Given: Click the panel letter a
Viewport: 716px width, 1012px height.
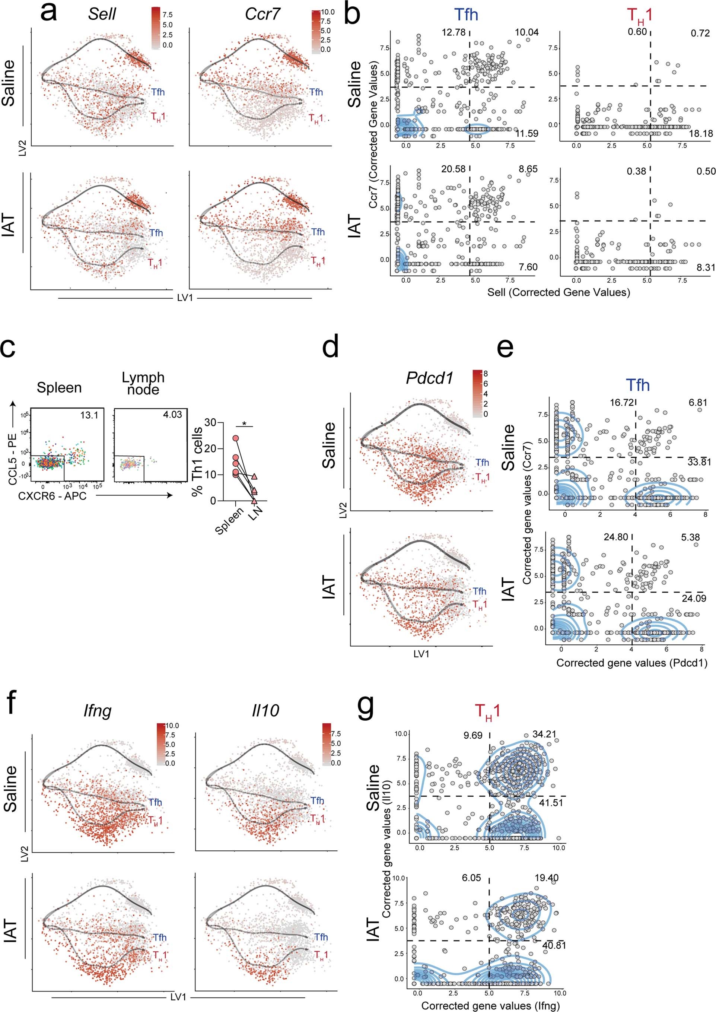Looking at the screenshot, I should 48,13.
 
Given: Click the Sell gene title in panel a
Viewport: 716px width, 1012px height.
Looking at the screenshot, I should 102,14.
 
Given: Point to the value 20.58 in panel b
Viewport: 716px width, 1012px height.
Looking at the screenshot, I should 453,169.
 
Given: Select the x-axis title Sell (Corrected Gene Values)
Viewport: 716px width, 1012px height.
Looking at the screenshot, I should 558,292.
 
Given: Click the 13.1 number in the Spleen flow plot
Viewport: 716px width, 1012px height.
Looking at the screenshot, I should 89,415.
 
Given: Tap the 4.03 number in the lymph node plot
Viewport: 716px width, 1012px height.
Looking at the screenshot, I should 172,415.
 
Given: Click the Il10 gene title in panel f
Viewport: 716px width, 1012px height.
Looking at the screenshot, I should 265,710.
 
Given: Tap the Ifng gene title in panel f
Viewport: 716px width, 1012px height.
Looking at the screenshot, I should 98,711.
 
